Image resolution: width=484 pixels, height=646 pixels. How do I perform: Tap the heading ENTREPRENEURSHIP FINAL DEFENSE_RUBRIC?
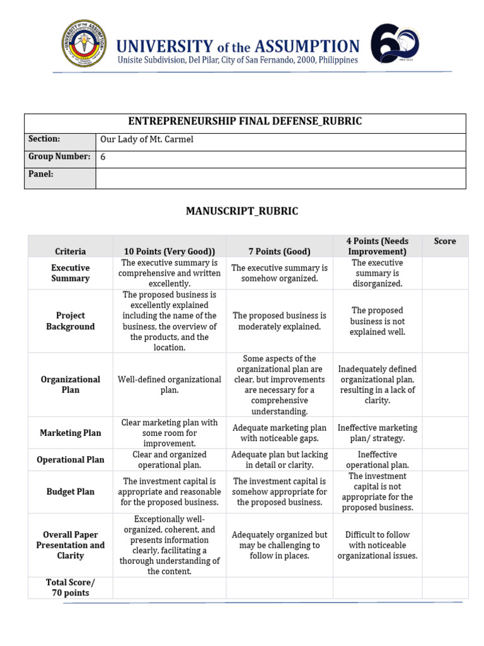tap(245, 122)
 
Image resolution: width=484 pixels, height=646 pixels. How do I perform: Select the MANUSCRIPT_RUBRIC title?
tap(242, 211)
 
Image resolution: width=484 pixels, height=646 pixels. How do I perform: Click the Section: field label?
tap(44, 139)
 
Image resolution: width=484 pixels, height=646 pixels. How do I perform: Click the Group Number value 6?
tap(103, 158)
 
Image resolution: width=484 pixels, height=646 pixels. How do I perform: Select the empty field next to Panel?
tap(280, 177)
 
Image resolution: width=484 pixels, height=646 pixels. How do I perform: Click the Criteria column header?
tap(70, 251)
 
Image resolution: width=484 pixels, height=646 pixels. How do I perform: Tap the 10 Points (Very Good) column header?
tap(169, 251)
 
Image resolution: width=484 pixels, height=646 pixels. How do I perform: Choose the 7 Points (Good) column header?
tap(279, 251)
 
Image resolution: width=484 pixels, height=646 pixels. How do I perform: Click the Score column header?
tap(445, 241)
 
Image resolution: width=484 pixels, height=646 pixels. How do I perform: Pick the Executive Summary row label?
tap(70, 273)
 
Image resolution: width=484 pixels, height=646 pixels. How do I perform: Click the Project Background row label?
tap(70, 321)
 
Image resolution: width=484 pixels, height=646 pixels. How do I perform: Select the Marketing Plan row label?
tap(70, 433)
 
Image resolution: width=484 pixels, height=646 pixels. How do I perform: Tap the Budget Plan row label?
tap(70, 491)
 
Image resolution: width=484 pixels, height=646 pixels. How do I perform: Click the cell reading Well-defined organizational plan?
tap(169, 385)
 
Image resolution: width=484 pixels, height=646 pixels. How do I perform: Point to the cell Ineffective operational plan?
tap(377, 460)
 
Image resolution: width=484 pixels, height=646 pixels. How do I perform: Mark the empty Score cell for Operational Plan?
tap(445, 460)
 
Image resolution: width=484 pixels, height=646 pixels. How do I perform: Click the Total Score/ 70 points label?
tap(70, 587)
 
